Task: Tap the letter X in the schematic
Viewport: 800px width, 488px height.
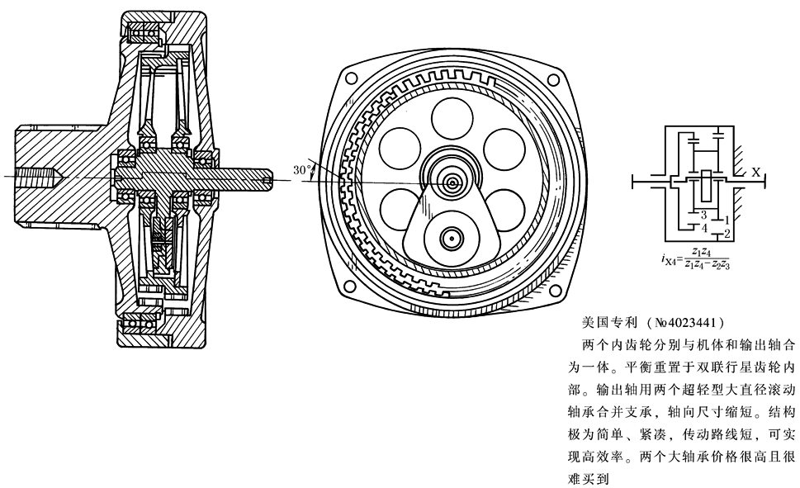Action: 755,171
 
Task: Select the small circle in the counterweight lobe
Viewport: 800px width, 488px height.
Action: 451,239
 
